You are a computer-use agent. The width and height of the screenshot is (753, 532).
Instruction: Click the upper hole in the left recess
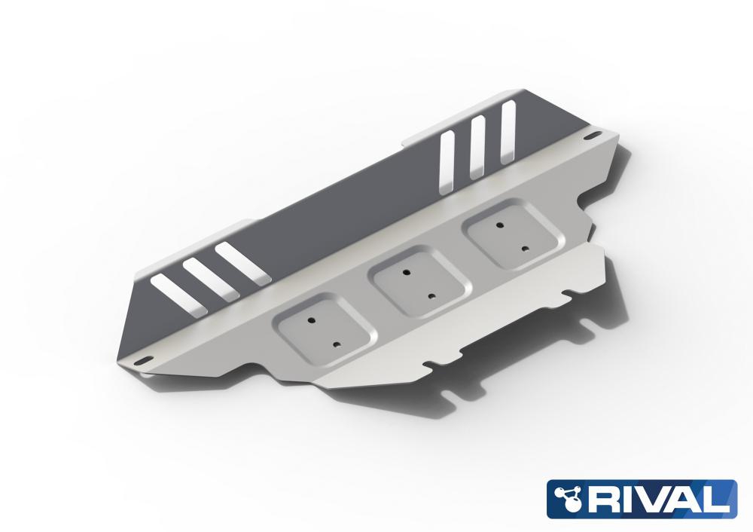(x=311, y=319)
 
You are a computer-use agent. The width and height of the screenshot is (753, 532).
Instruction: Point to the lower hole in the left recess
(x=337, y=344)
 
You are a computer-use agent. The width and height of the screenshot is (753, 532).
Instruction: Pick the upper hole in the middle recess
(x=407, y=272)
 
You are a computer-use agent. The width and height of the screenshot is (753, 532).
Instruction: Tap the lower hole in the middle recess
(x=431, y=296)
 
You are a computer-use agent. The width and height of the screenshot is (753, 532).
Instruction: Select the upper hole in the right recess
(x=500, y=225)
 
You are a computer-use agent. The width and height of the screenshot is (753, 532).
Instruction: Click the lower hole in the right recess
(x=526, y=249)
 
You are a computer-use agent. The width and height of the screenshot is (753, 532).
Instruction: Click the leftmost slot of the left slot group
(x=178, y=295)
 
